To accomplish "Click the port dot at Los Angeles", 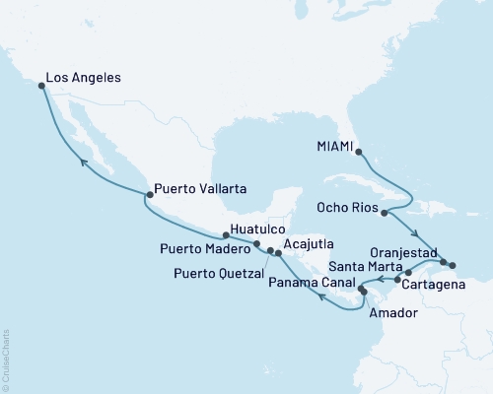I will click(41, 86).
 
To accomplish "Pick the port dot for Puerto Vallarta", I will click(150, 180).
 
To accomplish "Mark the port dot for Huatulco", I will click(227, 235).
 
